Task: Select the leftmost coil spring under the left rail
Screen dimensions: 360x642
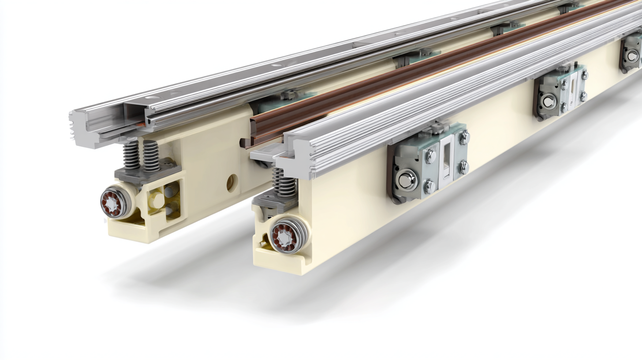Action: (x=131, y=155)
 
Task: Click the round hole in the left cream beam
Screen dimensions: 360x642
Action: (x=232, y=183)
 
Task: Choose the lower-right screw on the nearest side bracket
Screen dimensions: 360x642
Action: (x=463, y=167)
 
